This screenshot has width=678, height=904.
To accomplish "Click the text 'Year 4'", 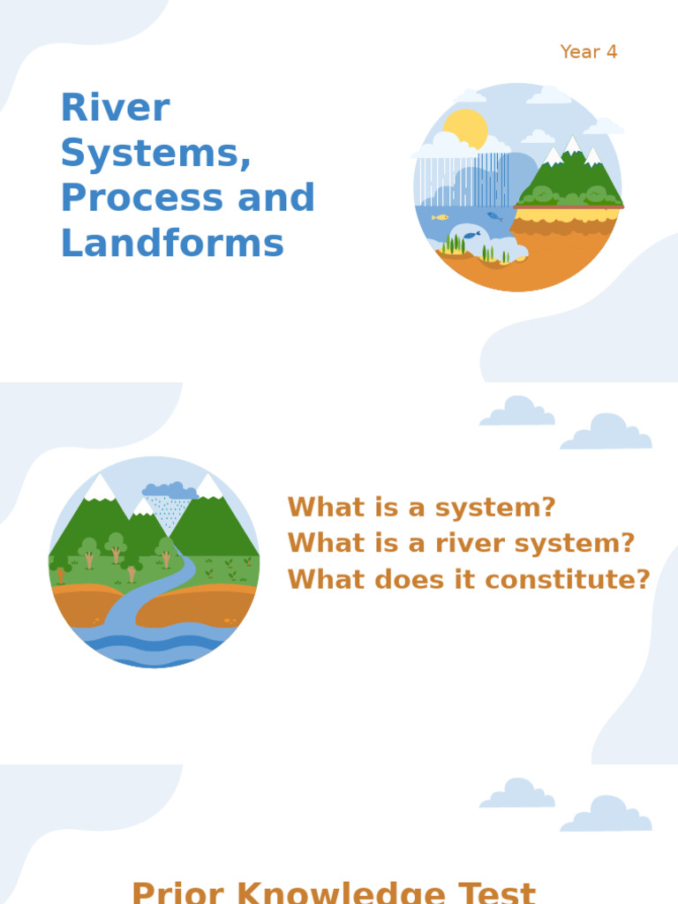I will (589, 52).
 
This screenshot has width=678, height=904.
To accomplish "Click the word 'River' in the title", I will (115, 109).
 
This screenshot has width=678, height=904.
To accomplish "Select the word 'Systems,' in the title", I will (156, 154).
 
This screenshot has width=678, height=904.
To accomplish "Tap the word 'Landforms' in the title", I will (172, 244).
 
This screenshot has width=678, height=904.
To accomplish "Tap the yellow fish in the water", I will (440, 217).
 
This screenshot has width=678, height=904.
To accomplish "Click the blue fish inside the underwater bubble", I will (472, 235).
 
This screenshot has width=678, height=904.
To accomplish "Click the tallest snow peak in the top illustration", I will (572, 144).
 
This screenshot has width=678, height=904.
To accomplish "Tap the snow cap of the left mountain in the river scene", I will (99, 486).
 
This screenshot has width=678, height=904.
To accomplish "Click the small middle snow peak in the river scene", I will (143, 507).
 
